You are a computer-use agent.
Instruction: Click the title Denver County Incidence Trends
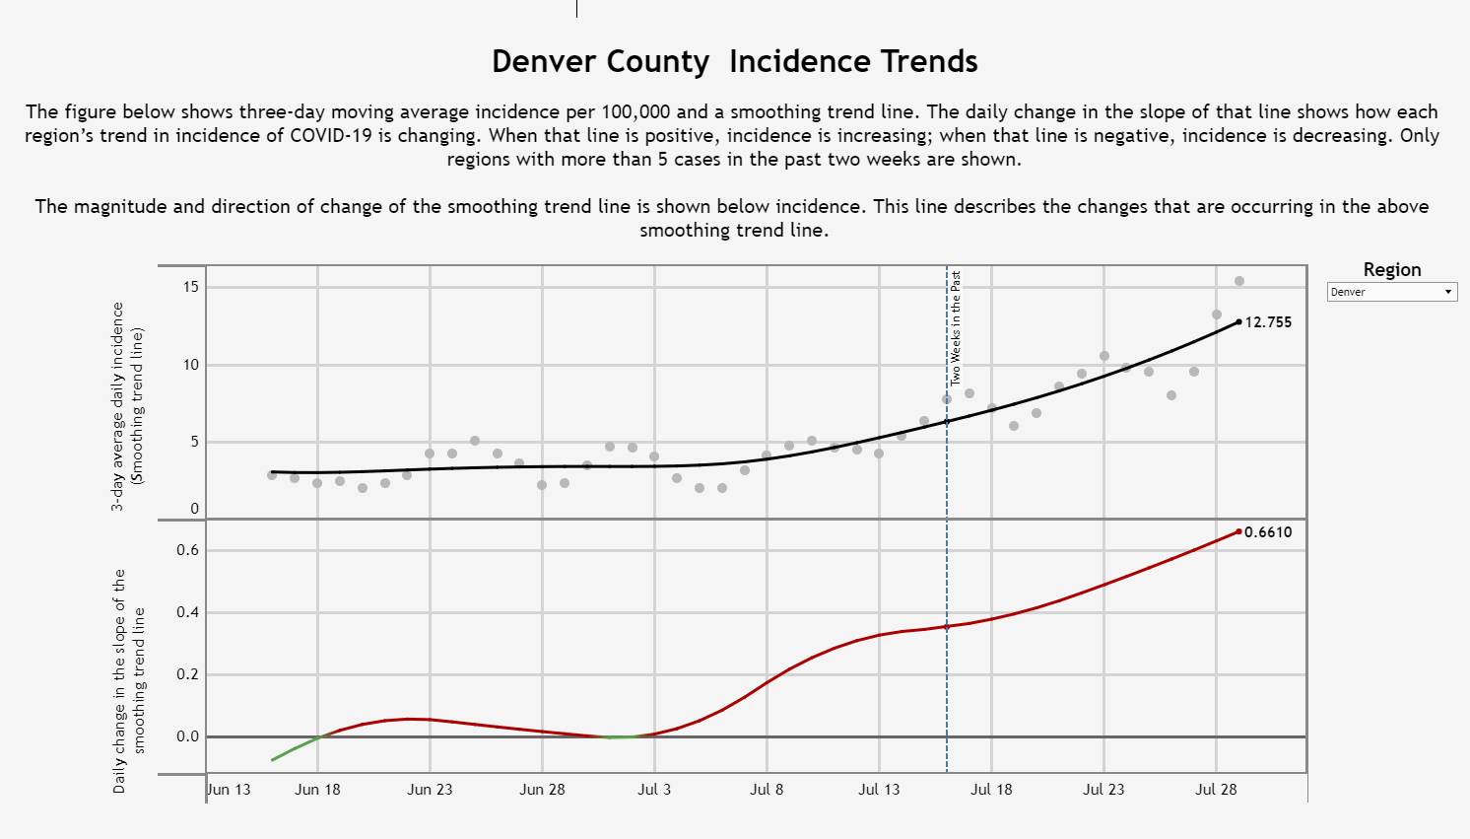pos(734,61)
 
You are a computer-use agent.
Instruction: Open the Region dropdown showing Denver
pos(1391,292)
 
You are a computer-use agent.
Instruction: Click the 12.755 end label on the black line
pos(1268,322)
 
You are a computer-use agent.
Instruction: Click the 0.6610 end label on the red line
pos(1268,532)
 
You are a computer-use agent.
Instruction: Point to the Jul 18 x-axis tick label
pos(991,789)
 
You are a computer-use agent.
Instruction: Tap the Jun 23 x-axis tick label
pos(430,789)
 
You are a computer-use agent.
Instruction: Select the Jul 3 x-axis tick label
pos(654,789)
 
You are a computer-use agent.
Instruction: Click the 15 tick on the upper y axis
pos(190,287)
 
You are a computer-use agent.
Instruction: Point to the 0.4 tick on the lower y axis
pos(188,612)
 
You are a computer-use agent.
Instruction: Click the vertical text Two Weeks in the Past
pos(956,327)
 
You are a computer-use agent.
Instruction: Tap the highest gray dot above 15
pos(1239,281)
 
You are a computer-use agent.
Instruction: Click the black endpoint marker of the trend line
pos(1238,321)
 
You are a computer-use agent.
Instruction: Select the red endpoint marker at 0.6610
pos(1238,531)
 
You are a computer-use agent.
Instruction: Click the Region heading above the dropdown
pos(1391,269)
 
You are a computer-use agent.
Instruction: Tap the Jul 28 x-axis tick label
pos(1216,789)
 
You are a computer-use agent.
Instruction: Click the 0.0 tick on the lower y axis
pos(188,736)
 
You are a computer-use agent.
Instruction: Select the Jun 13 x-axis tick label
pos(230,789)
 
